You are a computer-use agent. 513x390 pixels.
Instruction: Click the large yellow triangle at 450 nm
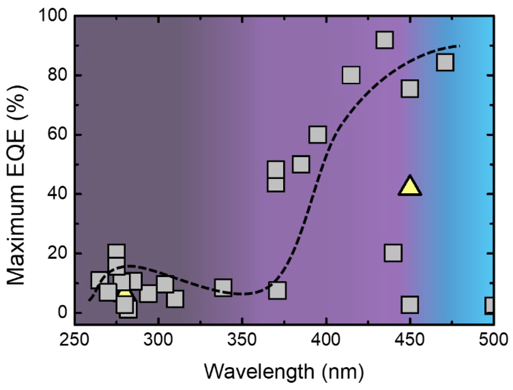click(410, 187)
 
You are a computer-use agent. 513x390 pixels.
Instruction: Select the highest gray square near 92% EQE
click(384, 40)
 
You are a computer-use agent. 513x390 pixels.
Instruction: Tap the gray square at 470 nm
click(445, 62)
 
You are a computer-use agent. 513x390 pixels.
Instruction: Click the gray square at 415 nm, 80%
click(351, 75)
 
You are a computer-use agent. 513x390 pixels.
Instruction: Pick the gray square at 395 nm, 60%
click(318, 134)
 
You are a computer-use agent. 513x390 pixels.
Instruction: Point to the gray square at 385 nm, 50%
click(301, 164)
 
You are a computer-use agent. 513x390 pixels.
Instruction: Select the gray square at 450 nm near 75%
click(410, 89)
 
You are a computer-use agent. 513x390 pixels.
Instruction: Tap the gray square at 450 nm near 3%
click(410, 304)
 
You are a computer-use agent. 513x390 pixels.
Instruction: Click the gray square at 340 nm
click(223, 287)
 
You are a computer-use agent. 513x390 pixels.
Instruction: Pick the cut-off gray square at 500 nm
click(489, 305)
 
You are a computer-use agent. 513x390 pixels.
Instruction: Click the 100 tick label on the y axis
click(52, 17)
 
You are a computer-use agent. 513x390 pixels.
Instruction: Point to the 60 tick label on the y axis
click(57, 135)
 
